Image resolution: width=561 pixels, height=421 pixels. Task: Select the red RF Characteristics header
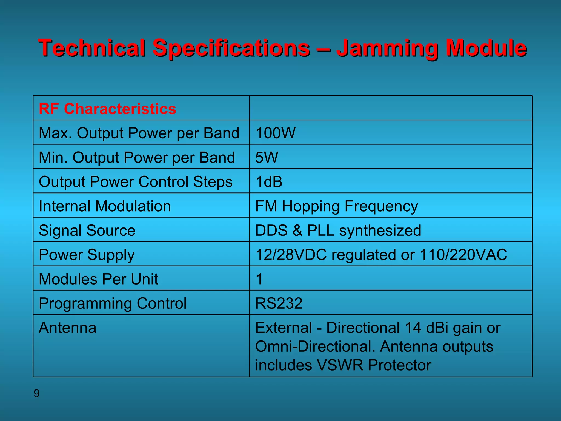pos(107,109)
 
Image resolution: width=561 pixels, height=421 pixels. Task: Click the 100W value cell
pos(275,133)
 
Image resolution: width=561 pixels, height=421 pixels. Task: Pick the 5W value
pos(267,158)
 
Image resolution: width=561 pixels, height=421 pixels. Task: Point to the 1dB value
pos(269,182)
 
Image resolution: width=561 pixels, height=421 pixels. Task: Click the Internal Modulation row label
pos(105,206)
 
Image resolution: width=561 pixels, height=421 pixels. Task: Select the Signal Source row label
pos(87,230)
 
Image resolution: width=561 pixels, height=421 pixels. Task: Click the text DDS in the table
pos(271,230)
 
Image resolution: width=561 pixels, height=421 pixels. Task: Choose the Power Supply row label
pos(87,255)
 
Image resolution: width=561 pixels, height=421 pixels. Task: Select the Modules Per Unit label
pos(98,279)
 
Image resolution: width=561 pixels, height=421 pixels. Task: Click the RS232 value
pos(279,303)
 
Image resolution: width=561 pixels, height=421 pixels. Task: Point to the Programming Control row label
pos(113,303)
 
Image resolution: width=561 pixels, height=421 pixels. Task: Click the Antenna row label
pos(67,328)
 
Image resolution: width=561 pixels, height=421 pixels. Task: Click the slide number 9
pos(36,394)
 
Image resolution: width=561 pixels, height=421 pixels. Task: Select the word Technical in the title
pos(91,48)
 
